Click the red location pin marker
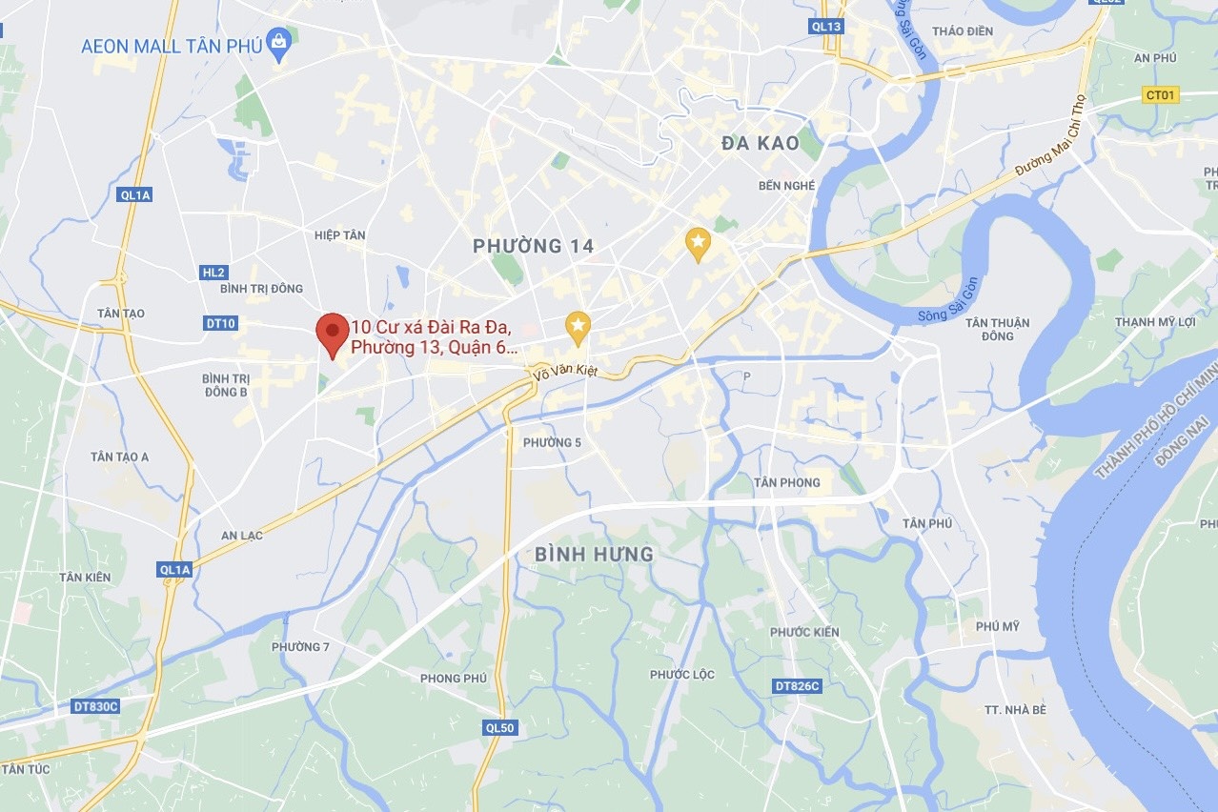click(332, 334)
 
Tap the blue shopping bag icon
click(278, 43)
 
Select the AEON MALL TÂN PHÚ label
click(172, 45)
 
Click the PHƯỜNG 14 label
click(534, 247)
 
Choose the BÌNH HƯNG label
click(594, 554)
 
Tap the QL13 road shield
click(826, 27)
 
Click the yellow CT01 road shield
click(1162, 94)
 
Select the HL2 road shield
click(213, 273)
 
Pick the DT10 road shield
click(220, 323)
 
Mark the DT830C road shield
click(95, 706)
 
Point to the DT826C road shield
click(797, 686)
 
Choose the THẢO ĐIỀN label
click(963, 31)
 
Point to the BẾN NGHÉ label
click(786, 186)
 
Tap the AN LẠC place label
click(242, 536)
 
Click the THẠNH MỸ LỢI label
click(1155, 322)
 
